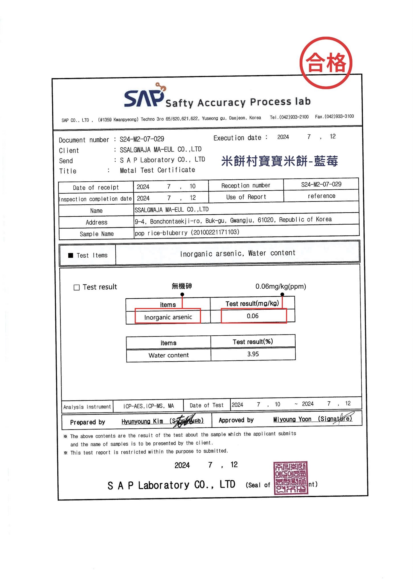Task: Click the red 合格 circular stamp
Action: click(x=326, y=63)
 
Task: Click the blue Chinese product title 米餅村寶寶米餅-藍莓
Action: click(x=279, y=161)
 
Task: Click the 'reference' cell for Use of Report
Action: click(x=321, y=196)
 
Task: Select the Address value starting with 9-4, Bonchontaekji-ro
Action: click(x=233, y=220)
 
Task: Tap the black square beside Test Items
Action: click(x=71, y=255)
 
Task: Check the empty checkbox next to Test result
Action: click(x=77, y=287)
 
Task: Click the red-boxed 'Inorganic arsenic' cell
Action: click(x=168, y=317)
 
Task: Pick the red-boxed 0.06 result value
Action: click(x=253, y=316)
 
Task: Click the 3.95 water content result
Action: click(x=253, y=354)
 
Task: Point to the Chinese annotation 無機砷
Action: click(x=182, y=286)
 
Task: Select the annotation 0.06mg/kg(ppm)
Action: click(x=281, y=286)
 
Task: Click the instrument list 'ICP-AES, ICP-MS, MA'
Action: click(x=148, y=406)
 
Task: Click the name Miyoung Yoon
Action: click(x=292, y=419)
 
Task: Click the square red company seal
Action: click(x=291, y=478)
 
